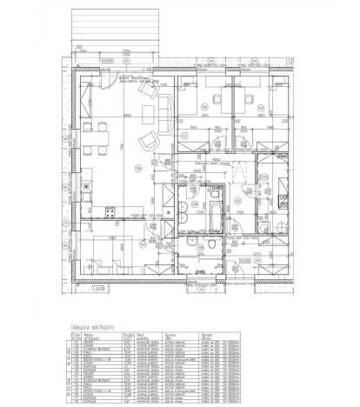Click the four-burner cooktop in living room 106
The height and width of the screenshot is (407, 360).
point(110,211)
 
